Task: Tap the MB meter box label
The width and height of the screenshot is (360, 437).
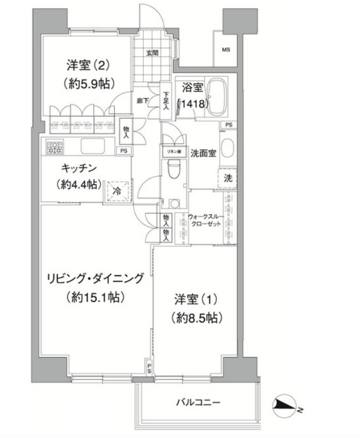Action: pyautogui.click(x=225, y=49)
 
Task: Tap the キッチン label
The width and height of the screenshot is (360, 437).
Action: pyautogui.click(x=79, y=169)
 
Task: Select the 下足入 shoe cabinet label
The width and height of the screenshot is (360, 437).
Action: pyautogui.click(x=166, y=101)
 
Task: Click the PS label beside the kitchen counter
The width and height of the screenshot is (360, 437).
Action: pyautogui.click(x=123, y=151)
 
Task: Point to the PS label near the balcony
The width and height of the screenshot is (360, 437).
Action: pyautogui.click(x=149, y=368)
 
